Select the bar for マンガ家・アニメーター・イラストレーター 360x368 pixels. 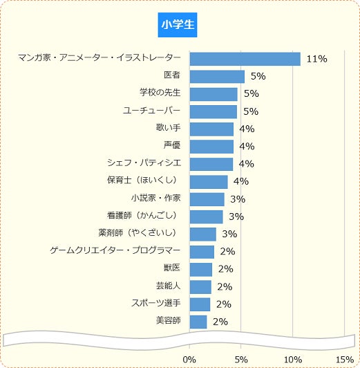[x=245, y=59]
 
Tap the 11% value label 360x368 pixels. [x=316, y=59]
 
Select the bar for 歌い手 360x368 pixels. [x=211, y=129]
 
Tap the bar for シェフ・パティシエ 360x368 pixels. [x=211, y=164]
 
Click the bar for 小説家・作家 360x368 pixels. [x=207, y=199]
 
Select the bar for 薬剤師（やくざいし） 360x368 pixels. [x=202, y=234]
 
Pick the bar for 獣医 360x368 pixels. [x=200, y=269]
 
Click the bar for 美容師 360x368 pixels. [x=198, y=322]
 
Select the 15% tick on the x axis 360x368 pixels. [x=344, y=359]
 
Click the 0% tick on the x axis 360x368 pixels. [x=189, y=359]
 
